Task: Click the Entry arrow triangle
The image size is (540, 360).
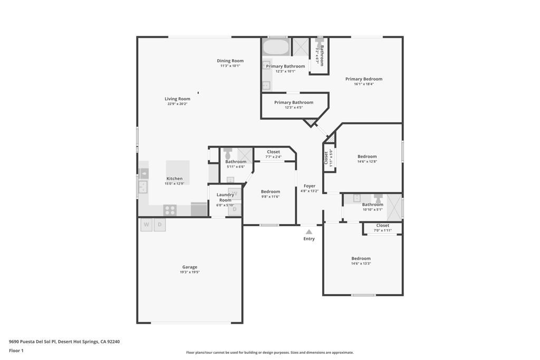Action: click(x=309, y=232)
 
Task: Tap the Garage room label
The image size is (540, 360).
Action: click(x=190, y=267)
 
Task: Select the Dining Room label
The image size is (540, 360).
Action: click(x=230, y=61)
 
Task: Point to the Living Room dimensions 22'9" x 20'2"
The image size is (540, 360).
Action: click(x=177, y=104)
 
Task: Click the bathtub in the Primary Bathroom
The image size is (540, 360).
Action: click(x=276, y=47)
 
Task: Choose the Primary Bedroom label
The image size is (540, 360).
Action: click(x=364, y=79)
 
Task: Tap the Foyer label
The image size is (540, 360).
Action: click(x=310, y=186)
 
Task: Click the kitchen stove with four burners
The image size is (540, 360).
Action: click(x=170, y=210)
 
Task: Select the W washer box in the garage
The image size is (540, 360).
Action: click(x=146, y=225)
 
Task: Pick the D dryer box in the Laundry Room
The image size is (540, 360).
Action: click(x=235, y=209)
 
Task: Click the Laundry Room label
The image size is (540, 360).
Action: click(x=225, y=197)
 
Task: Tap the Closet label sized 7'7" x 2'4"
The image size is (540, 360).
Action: click(x=273, y=152)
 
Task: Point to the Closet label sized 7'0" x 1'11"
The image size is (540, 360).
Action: click(x=383, y=226)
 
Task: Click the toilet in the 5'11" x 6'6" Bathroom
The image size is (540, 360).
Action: click(x=228, y=153)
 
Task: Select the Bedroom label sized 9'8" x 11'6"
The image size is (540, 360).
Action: click(x=271, y=192)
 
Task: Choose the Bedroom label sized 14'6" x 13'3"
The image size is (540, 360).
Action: click(x=361, y=259)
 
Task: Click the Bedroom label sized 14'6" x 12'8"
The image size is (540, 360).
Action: click(x=367, y=157)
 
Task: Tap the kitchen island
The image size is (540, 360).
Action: click(x=178, y=172)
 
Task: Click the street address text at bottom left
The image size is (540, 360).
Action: click(x=64, y=342)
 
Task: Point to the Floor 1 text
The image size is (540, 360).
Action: click(x=16, y=351)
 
